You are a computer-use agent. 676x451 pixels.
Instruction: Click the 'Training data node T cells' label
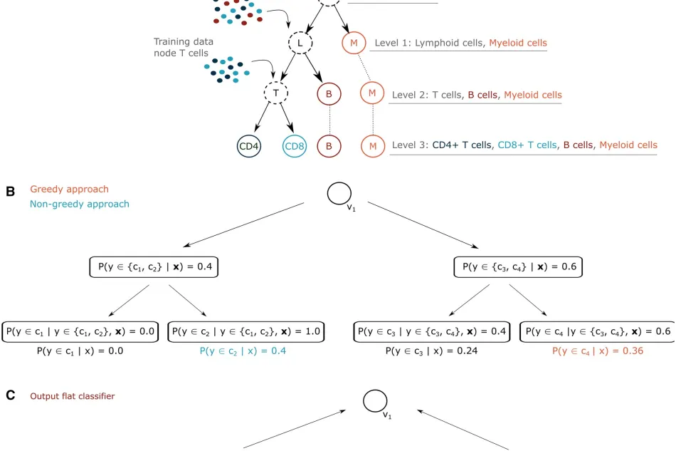184,48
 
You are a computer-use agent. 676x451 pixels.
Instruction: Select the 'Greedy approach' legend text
70,189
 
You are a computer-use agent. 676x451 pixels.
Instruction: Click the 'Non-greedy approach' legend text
79,204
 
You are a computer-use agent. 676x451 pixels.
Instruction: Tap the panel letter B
11,191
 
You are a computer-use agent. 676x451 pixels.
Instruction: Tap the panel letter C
11,395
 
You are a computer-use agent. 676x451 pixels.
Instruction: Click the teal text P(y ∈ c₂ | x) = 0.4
243,351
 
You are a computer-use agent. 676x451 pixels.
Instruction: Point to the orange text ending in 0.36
598,351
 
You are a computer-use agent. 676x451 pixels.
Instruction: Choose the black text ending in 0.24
431,351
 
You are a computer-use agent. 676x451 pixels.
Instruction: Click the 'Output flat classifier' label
73,396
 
